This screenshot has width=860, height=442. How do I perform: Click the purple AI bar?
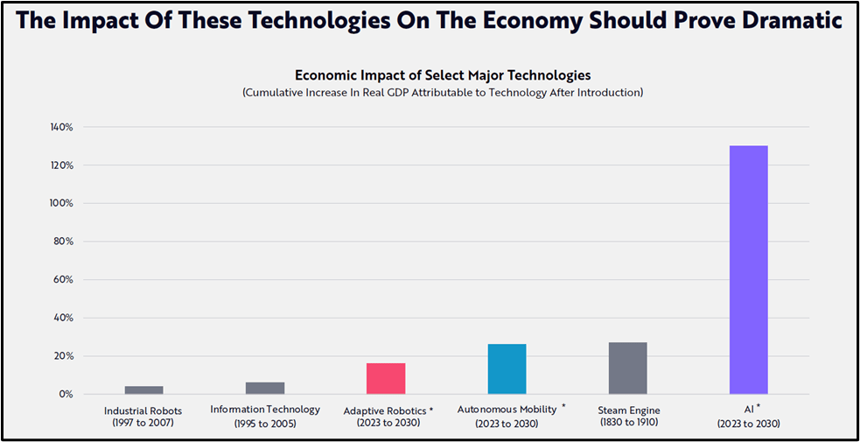749,270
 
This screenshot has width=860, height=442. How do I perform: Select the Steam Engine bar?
627,368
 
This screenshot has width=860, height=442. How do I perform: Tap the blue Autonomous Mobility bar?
507,369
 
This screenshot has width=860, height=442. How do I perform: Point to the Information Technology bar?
265,388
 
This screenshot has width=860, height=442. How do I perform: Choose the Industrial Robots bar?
143,390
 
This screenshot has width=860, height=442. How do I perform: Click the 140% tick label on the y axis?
60,127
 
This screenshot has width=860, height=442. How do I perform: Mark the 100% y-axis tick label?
60,203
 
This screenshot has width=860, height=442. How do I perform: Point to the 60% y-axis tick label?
62,279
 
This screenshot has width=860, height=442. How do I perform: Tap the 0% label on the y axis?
65,394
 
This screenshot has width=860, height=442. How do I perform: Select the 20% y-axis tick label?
62,356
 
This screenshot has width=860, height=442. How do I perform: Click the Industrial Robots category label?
143,410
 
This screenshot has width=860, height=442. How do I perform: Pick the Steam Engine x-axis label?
629,410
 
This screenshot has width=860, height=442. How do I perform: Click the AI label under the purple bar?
745,410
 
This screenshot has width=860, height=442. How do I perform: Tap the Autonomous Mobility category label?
507,410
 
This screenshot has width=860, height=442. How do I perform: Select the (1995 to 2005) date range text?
265,423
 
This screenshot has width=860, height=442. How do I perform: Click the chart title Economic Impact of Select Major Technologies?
443,75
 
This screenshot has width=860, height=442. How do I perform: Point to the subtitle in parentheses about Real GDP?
443,93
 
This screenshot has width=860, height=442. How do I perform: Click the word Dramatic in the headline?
791,20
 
